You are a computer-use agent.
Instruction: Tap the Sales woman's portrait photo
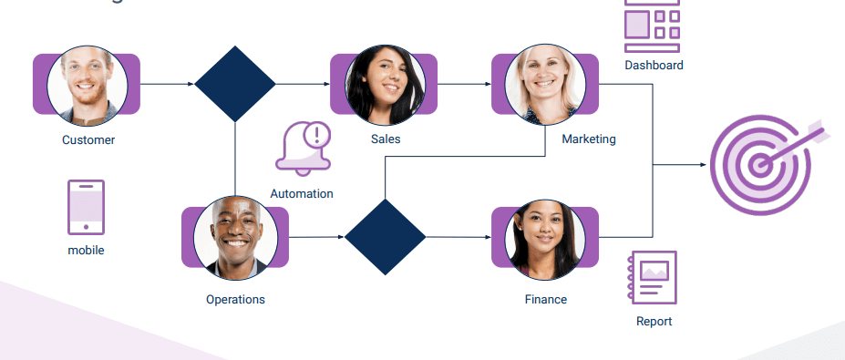(385, 85)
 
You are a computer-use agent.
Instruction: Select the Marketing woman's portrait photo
(545, 85)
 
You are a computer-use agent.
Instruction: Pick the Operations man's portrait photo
(235, 237)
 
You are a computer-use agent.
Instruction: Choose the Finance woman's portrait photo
(545, 239)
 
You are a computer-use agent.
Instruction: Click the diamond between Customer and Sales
(235, 85)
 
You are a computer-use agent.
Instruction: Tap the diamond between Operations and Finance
(385, 237)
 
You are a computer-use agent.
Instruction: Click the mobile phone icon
(86, 207)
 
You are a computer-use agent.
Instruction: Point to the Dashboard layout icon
(653, 24)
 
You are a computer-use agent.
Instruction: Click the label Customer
(88, 140)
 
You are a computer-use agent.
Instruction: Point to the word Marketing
(588, 139)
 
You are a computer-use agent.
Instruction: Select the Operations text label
(235, 299)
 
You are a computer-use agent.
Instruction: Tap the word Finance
(545, 299)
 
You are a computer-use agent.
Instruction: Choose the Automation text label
(302, 193)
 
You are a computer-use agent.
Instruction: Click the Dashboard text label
(654, 66)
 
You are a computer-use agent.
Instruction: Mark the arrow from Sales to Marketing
(464, 85)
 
